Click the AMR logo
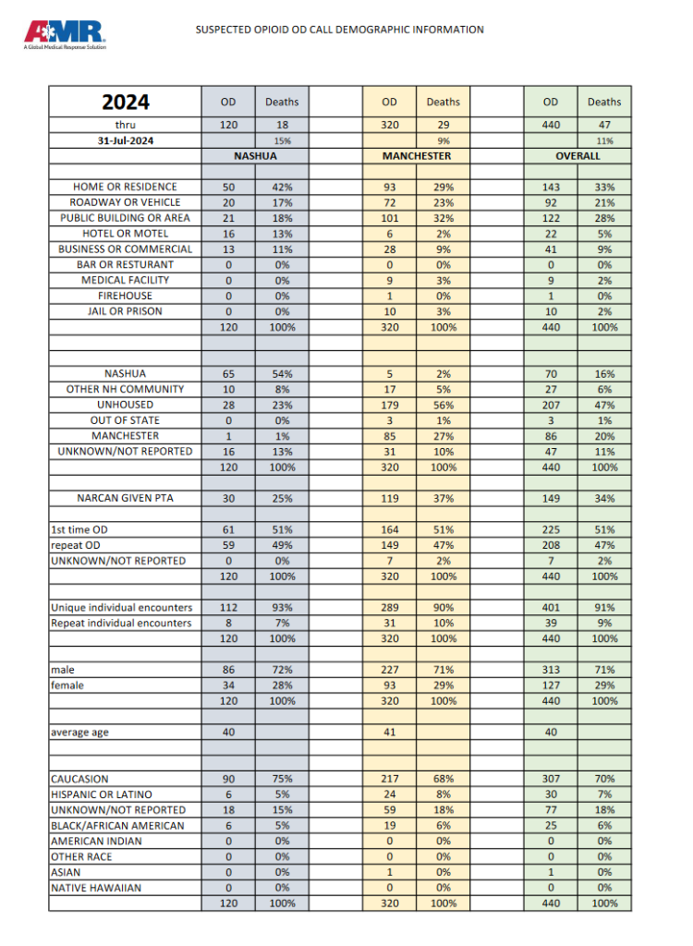click(65, 34)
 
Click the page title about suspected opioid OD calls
click(339, 30)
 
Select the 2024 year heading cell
click(125, 102)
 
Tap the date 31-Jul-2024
click(125, 140)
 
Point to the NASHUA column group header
click(255, 156)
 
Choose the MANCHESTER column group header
click(416, 156)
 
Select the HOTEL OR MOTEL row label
click(125, 233)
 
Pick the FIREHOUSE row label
click(125, 296)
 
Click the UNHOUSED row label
click(125, 405)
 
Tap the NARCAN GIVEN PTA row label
click(125, 498)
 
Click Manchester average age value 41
click(389, 733)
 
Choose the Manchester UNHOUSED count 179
click(389, 405)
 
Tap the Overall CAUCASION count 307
click(551, 779)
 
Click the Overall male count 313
click(551, 670)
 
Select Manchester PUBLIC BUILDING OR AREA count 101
click(389, 218)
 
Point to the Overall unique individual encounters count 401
click(551, 607)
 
